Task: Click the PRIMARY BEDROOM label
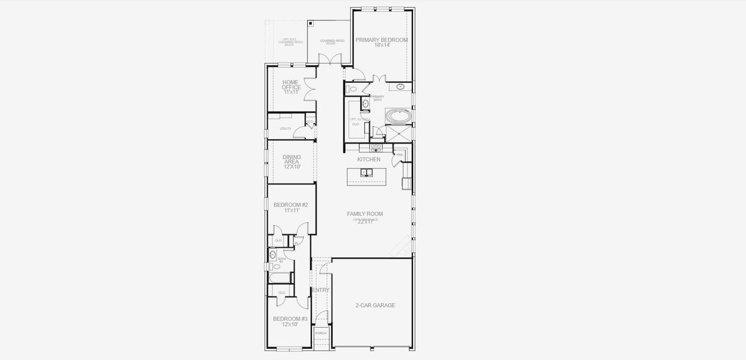(381, 40)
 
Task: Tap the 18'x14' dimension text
(382, 46)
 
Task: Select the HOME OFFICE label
(291, 85)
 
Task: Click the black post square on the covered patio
(310, 23)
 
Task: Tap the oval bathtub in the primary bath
(396, 115)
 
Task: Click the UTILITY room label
(285, 129)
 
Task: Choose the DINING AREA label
(292, 160)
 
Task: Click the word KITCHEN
(368, 160)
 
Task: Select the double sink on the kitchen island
(367, 173)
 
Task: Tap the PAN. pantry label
(399, 155)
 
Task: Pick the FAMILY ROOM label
(364, 214)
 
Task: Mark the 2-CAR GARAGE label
(375, 305)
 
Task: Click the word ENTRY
(321, 290)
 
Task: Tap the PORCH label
(321, 333)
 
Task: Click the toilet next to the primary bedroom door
(352, 89)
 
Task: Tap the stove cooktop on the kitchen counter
(376, 147)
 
